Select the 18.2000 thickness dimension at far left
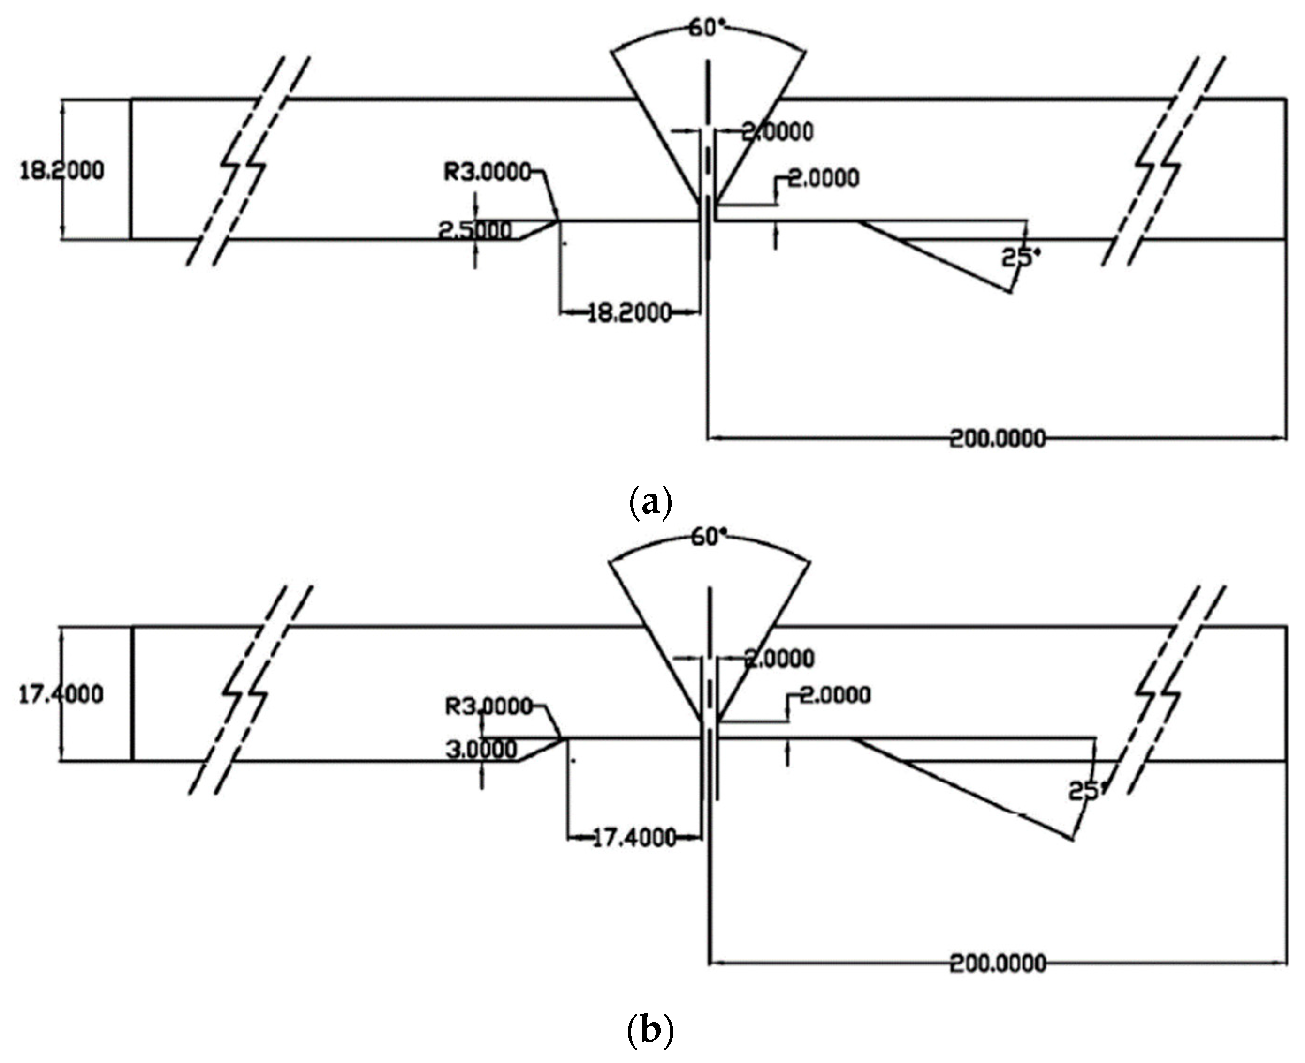(x=62, y=170)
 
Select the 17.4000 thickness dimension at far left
(x=61, y=694)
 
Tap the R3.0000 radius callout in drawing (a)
(x=487, y=172)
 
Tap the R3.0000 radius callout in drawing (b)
(x=488, y=706)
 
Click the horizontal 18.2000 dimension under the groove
(x=629, y=313)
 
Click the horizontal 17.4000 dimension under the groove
(x=634, y=837)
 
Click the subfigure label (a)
(x=650, y=503)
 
